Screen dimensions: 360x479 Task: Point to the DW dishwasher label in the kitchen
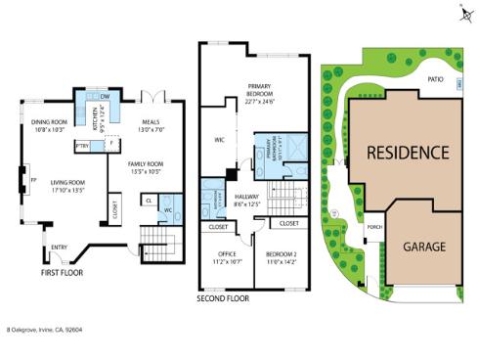(104, 96)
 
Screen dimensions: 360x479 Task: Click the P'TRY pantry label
(82, 146)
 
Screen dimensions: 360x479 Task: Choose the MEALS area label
(150, 122)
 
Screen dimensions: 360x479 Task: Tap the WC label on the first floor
(167, 209)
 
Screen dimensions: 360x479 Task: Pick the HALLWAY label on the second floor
(246, 196)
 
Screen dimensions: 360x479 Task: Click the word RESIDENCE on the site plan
(408, 154)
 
